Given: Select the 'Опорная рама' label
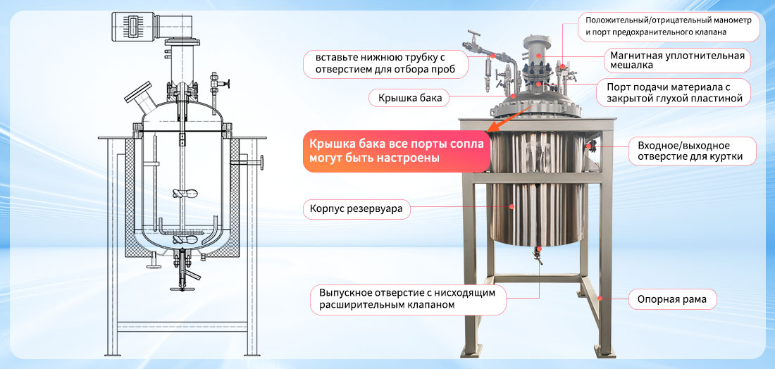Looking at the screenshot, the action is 672,299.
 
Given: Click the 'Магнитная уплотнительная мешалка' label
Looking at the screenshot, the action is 677,60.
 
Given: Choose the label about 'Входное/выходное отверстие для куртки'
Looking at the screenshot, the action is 692,151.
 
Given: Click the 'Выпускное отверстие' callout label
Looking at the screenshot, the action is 408,299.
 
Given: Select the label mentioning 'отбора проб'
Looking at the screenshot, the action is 385,64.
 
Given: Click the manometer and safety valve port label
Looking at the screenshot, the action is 668,27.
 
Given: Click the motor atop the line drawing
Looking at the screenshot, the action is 154,26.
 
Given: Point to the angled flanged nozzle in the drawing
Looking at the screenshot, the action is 140,97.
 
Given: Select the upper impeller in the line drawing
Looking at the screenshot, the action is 182,194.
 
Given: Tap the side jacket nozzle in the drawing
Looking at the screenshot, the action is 251,162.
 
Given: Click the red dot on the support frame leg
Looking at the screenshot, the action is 600,298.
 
